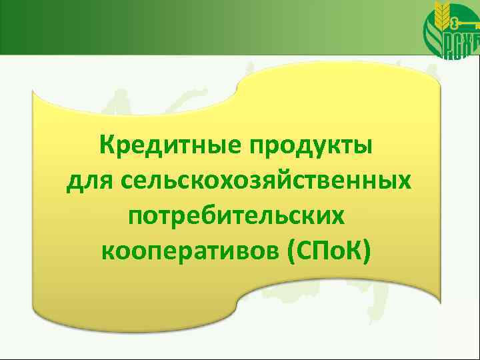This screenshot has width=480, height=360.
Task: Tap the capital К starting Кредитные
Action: point(105,143)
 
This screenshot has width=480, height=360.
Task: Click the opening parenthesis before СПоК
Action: point(291,251)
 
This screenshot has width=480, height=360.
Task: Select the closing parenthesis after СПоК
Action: point(372,251)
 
